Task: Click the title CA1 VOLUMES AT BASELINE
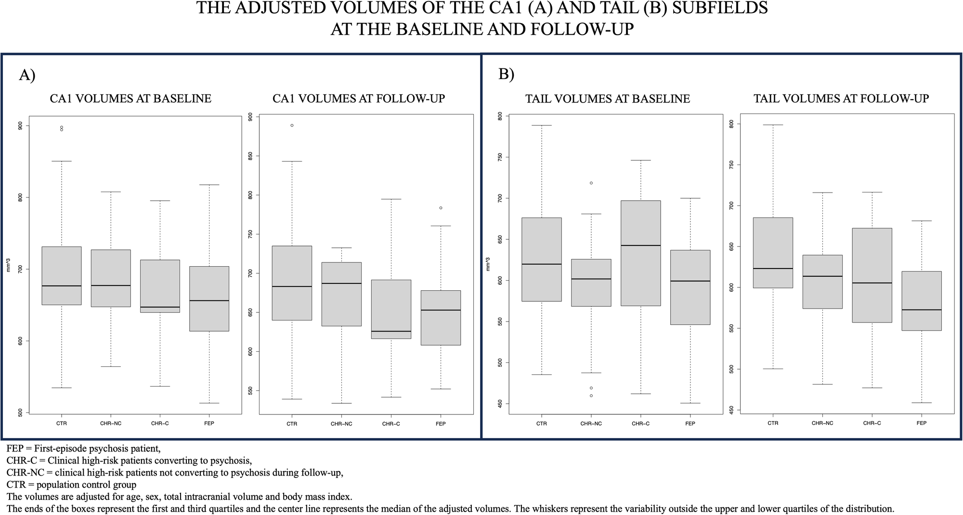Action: (130, 99)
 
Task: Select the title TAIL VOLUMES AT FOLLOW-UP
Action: (841, 99)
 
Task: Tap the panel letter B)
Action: (506, 75)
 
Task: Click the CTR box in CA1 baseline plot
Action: (61, 275)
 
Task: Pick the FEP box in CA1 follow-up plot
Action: (441, 318)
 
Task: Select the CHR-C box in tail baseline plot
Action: (640, 253)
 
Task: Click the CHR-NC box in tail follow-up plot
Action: (822, 282)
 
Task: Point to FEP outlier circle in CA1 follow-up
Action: (441, 208)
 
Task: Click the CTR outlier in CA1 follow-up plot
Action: (292, 125)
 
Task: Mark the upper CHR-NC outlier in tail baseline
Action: (591, 183)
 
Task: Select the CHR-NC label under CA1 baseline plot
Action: (111, 424)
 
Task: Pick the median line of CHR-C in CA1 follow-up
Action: (390, 331)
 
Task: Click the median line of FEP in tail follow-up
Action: (921, 310)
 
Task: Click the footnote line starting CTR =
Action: (72, 485)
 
